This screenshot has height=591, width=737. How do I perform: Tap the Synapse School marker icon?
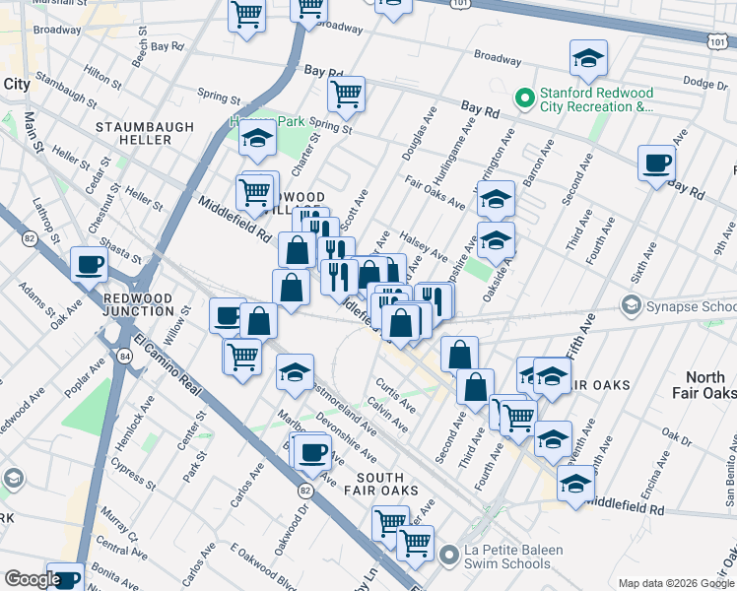[x=632, y=306]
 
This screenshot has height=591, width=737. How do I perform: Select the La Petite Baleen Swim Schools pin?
[x=451, y=557]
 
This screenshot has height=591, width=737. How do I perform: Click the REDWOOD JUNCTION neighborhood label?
[x=139, y=304]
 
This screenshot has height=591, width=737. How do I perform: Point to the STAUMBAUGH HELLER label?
[x=134, y=134]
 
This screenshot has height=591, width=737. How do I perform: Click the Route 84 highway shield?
[x=123, y=356]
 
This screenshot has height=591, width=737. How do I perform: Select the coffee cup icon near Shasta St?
[x=89, y=264]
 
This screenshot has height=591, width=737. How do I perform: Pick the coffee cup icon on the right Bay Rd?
[x=656, y=163]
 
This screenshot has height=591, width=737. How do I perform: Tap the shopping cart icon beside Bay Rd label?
[x=346, y=95]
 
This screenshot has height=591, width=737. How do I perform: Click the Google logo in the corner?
[x=32, y=580]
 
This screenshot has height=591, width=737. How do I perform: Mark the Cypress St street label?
[x=133, y=470]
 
